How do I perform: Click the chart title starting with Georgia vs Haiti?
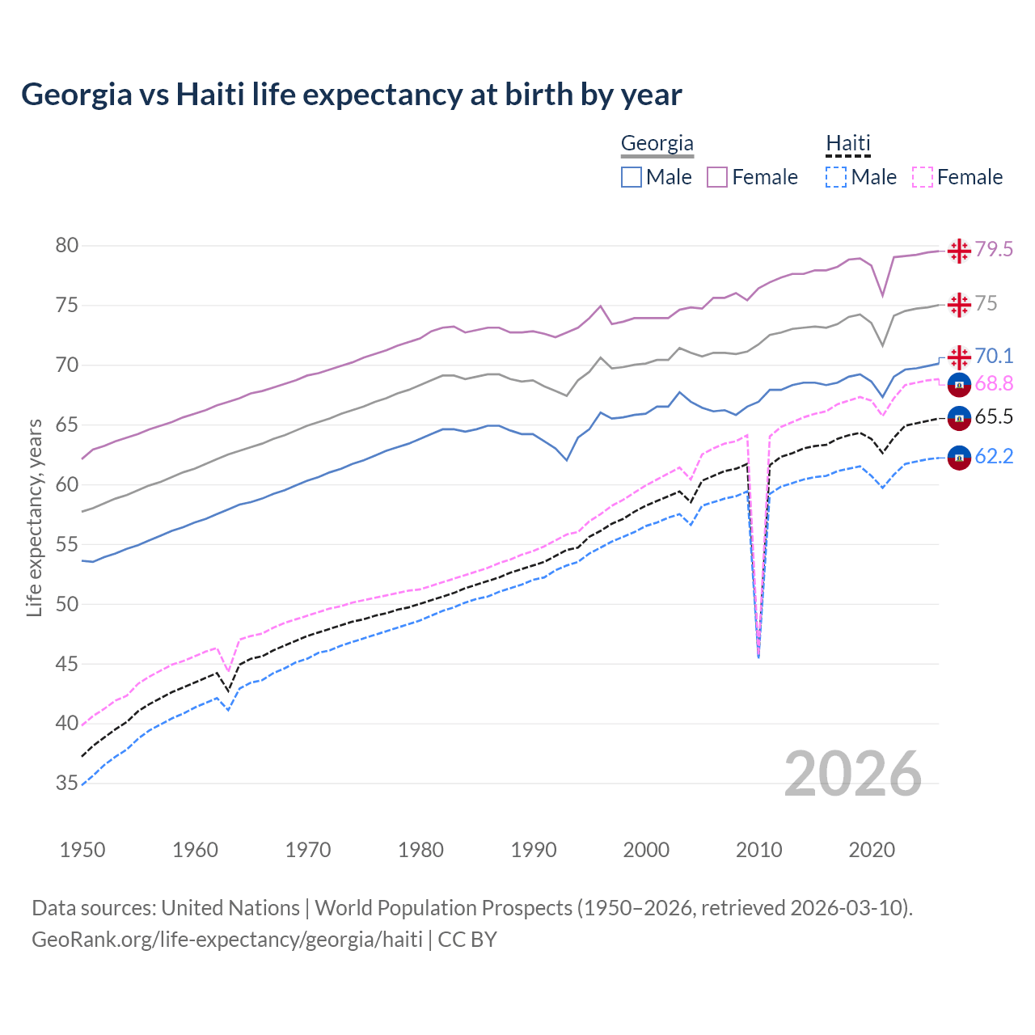pyautogui.click(x=352, y=95)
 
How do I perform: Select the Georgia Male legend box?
pyautogui.click(x=632, y=177)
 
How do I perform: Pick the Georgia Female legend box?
pyautogui.click(x=717, y=177)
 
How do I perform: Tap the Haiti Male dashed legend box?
pyautogui.click(x=836, y=177)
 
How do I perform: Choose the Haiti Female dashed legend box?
pyautogui.click(x=923, y=177)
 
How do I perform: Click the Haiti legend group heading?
pyautogui.click(x=847, y=144)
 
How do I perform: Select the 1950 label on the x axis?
pyautogui.click(x=82, y=850)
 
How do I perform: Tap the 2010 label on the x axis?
pyautogui.click(x=758, y=850)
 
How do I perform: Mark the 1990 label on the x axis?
pyautogui.click(x=534, y=850)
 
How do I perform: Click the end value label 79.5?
pyautogui.click(x=994, y=250)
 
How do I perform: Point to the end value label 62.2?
pyautogui.click(x=994, y=457)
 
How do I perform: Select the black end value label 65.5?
pyautogui.click(x=994, y=417)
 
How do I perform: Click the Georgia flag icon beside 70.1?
pyautogui.click(x=959, y=357)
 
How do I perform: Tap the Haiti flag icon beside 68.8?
pyautogui.click(x=959, y=385)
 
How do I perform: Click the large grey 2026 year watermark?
pyautogui.click(x=853, y=774)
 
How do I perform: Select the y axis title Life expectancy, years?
pyautogui.click(x=34, y=517)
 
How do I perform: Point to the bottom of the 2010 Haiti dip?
pyautogui.click(x=758, y=657)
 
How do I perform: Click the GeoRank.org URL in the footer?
pyautogui.click(x=227, y=940)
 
